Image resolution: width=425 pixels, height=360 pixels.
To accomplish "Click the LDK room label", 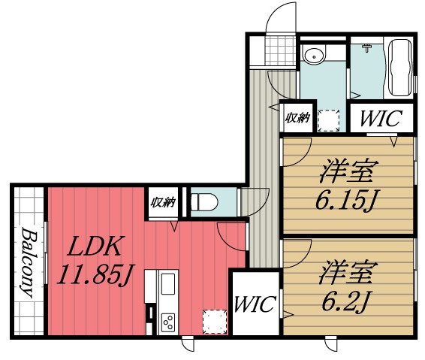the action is (x=95, y=246).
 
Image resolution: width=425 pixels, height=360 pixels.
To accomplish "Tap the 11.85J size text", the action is (x=95, y=274).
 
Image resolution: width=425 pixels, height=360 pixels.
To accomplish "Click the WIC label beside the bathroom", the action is (x=381, y=118).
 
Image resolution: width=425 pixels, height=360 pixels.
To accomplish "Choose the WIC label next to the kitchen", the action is (x=255, y=304).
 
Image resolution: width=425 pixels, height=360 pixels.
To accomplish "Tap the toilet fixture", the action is (x=204, y=202).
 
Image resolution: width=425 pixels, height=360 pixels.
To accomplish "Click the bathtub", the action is (x=400, y=68).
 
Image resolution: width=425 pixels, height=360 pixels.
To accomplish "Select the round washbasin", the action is (x=314, y=55).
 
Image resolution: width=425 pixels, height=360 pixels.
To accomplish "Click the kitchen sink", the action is (x=168, y=284).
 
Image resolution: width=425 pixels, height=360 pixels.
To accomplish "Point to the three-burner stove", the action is (x=168, y=322).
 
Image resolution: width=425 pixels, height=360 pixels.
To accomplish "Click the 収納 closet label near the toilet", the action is (x=164, y=202).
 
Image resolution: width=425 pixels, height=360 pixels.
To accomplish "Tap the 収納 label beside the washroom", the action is (x=298, y=118).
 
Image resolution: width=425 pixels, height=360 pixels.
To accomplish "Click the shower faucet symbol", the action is (x=366, y=48).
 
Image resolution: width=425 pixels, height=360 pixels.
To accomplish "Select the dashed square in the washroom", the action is (x=328, y=120).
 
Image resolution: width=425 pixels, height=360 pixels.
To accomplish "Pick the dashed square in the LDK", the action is (x=215, y=322).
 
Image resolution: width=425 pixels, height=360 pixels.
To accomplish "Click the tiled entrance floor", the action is (x=280, y=51).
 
